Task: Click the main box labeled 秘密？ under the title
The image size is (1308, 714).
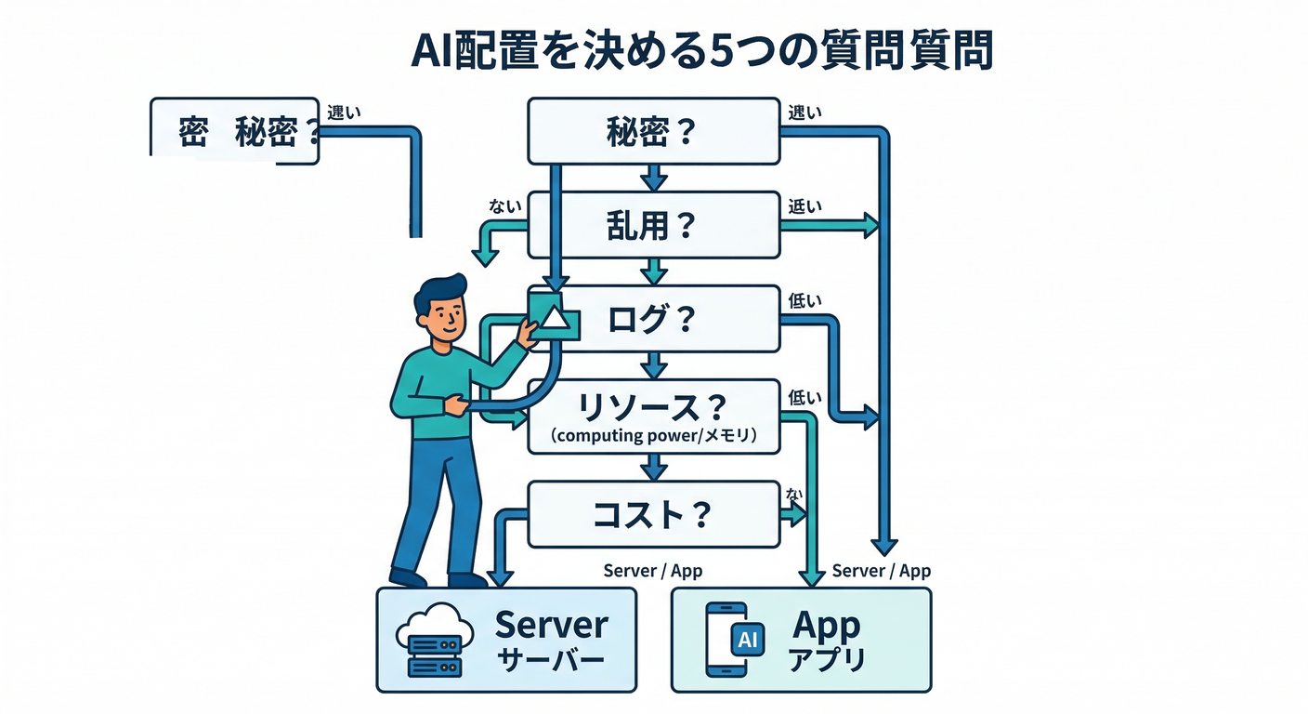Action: (x=653, y=131)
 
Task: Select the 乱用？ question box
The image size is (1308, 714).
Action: (x=653, y=225)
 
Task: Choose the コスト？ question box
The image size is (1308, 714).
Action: (x=653, y=514)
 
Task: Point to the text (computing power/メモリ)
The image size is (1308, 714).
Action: (x=653, y=435)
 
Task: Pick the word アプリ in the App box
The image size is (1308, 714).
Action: (x=826, y=660)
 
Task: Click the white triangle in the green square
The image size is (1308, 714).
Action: (x=554, y=317)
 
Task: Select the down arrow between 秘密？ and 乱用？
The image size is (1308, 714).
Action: (x=654, y=177)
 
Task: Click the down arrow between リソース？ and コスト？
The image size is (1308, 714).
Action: (x=654, y=467)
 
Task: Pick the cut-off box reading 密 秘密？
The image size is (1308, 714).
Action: (x=235, y=132)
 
